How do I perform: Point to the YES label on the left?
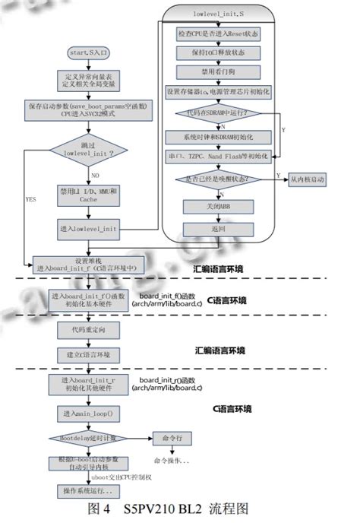(30, 199)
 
